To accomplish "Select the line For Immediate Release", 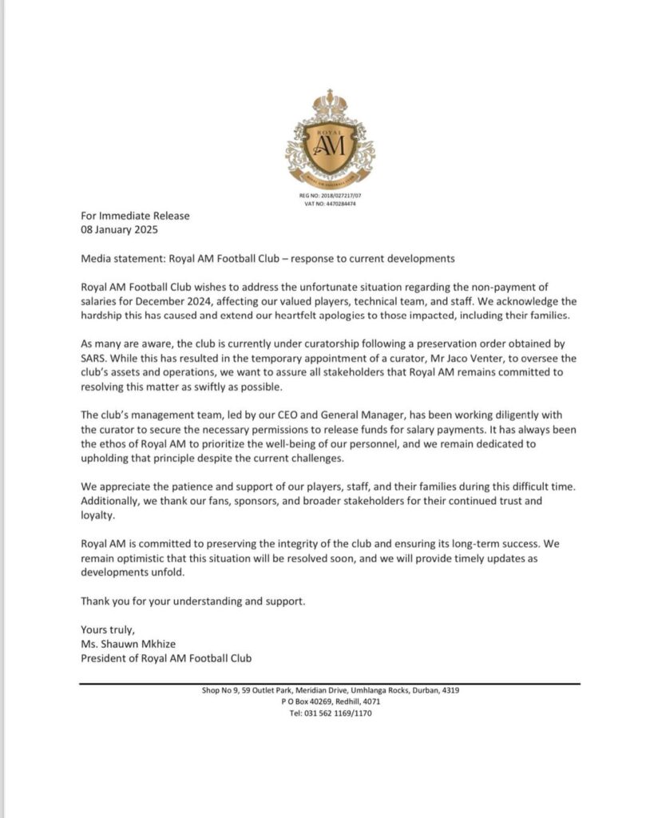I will [x=135, y=216].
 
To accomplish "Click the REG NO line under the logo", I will [x=330, y=195].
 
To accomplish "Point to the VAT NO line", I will [x=330, y=204].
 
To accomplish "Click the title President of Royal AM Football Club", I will [x=165, y=658].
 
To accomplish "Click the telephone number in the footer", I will [x=330, y=713].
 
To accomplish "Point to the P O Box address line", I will [x=330, y=701].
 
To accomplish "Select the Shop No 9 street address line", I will [x=330, y=690].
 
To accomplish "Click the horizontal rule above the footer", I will [x=330, y=683].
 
